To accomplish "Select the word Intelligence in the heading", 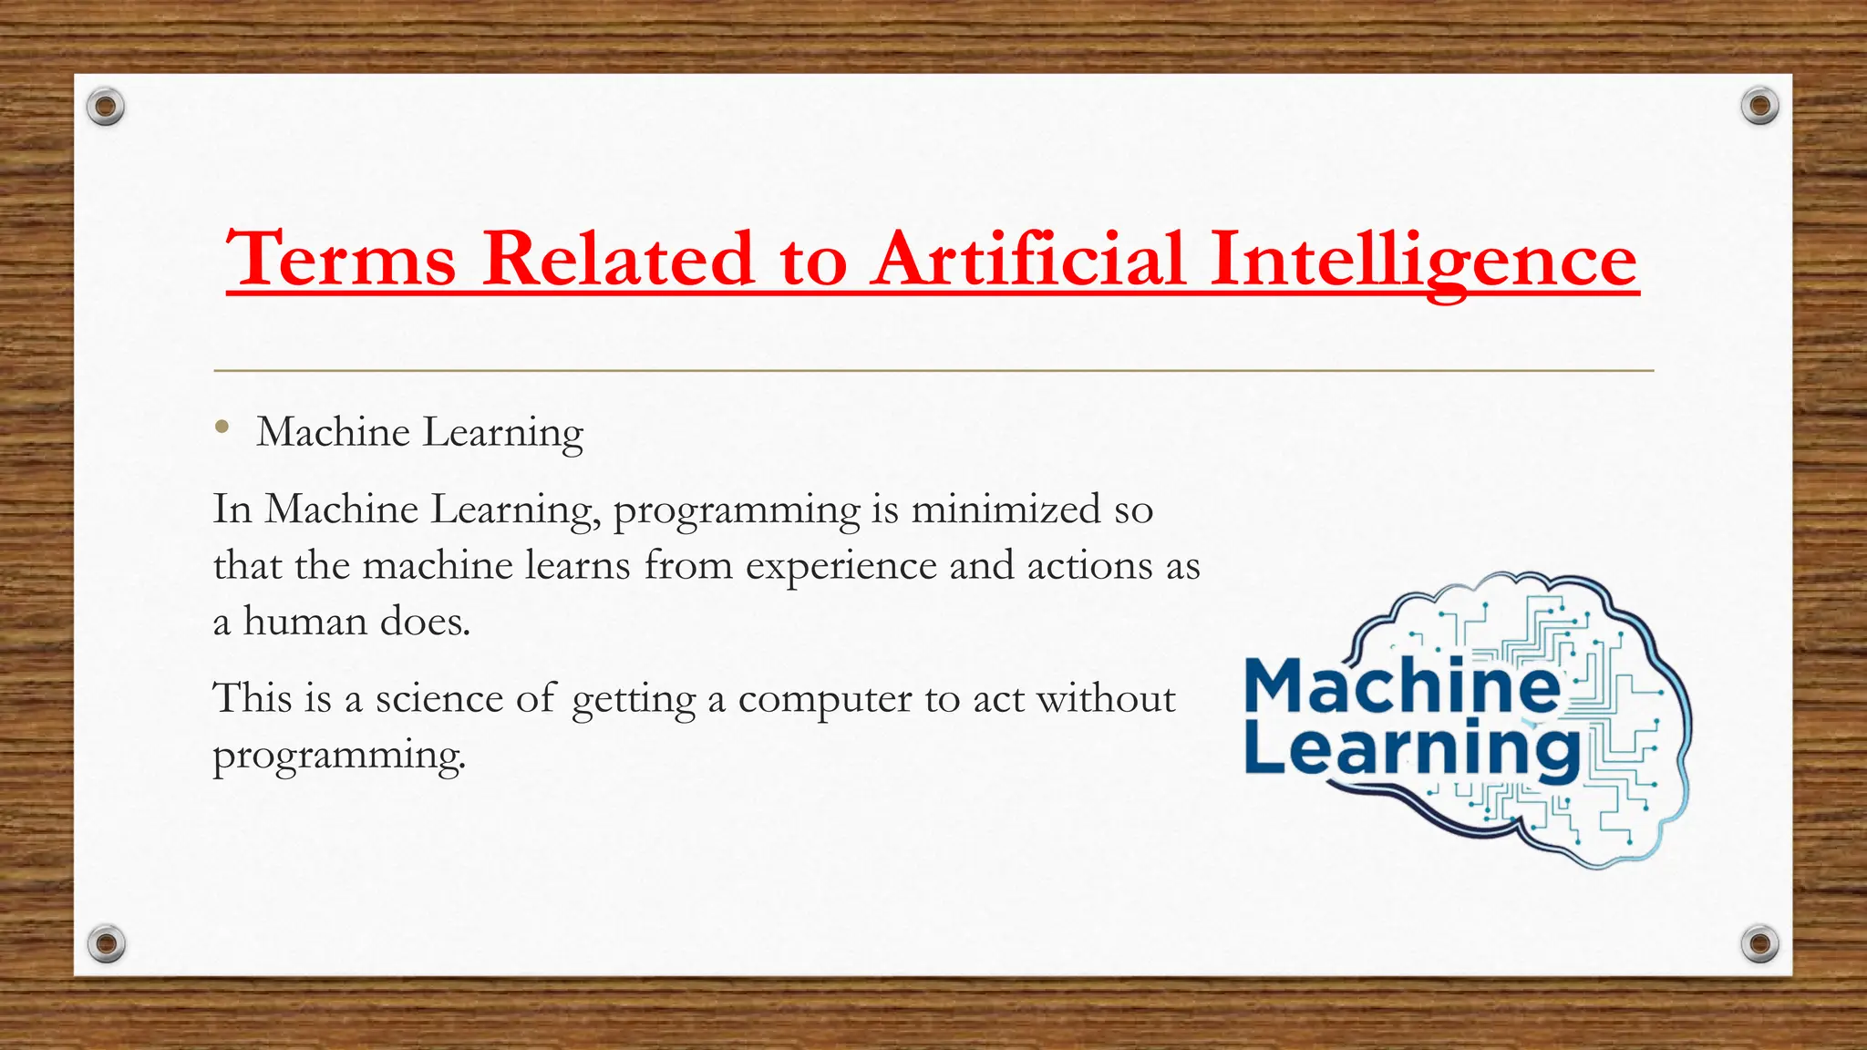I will point(1423,261).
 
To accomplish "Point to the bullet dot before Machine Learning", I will point(222,427).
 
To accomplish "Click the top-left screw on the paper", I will point(106,108).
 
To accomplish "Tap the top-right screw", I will point(1759,107).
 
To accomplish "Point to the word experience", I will point(841,567).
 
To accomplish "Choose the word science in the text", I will point(438,699).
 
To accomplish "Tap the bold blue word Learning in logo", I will point(1411,749).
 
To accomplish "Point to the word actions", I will point(1089,566).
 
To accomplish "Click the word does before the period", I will point(424,622).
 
